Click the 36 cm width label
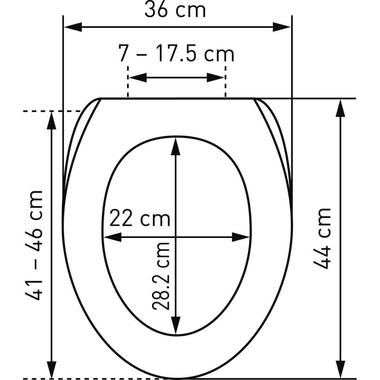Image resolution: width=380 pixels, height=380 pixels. tap(175, 10)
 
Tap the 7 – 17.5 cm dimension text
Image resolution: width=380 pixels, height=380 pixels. tap(176, 54)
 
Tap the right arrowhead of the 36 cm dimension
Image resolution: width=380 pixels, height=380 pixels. tap(282, 27)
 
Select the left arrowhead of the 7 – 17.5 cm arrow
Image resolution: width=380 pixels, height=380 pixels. tap(138, 78)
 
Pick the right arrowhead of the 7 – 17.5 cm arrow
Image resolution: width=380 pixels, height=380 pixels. tap(216, 78)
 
